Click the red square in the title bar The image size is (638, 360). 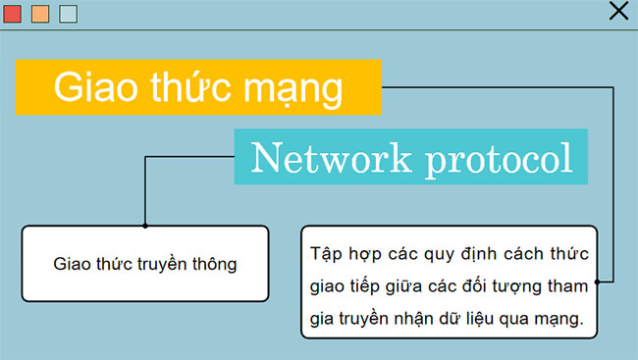[12, 14]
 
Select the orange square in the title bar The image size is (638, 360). [40, 14]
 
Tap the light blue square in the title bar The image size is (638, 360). [68, 14]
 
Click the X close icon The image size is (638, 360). [618, 11]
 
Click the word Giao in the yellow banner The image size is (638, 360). [89, 87]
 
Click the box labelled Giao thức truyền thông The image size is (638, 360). [144, 263]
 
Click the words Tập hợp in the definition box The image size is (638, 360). [338, 254]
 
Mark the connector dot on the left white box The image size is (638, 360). [145, 226]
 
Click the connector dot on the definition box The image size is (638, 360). [597, 282]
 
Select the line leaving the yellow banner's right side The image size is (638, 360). [491, 87]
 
